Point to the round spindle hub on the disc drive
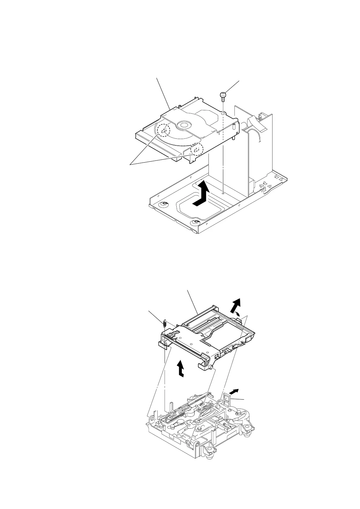184,125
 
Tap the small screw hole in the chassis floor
223,193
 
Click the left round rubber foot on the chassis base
163,205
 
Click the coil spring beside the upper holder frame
164,324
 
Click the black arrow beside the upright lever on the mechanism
234,391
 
